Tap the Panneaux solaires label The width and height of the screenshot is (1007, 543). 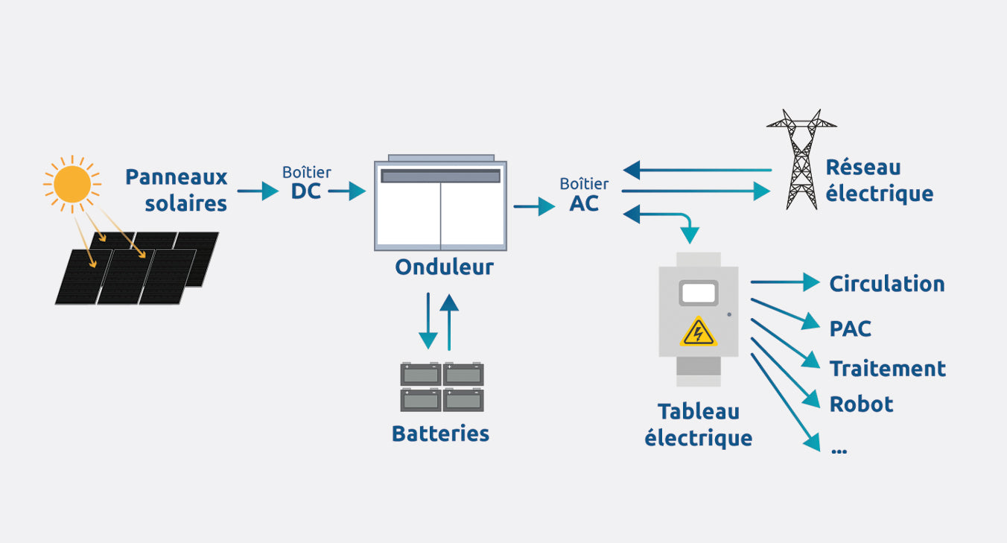pos(177,190)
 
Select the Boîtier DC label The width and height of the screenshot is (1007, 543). pos(306,182)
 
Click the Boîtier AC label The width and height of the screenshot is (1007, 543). pos(584,194)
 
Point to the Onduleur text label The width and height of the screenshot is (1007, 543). pos(444,267)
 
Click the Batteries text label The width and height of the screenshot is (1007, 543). pos(440,433)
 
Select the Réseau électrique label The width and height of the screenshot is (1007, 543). pos(879,180)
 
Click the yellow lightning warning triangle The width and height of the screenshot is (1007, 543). pos(698,331)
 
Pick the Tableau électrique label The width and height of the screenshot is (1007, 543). pos(698,424)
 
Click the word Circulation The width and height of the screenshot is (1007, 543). pos(886,284)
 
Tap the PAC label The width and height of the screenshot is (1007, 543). pos(850,328)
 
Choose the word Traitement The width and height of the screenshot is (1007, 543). pos(887,369)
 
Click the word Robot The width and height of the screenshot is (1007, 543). pos(861,404)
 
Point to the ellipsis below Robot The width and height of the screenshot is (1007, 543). pos(838,450)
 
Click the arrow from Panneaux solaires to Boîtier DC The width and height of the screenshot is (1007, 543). pos(258,191)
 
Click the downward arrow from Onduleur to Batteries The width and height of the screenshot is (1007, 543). pos(428,321)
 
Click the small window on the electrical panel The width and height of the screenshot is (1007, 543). pos(699,293)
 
